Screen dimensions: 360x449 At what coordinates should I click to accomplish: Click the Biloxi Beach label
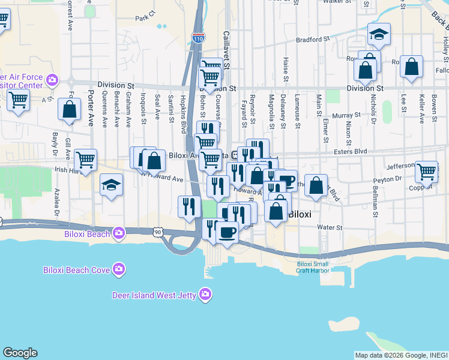(x=87, y=233)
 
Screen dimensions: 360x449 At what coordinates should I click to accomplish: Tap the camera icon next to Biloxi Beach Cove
(x=119, y=269)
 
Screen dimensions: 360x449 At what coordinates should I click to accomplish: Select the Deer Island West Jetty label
(x=156, y=295)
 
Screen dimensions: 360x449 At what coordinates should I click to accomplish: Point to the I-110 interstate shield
(x=198, y=38)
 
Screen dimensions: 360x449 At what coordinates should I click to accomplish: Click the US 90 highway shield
(x=157, y=232)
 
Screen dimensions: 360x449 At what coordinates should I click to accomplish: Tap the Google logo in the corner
(x=20, y=353)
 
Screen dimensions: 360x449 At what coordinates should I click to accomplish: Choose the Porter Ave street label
(x=91, y=108)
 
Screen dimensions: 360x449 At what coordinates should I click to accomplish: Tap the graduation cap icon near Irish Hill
(x=111, y=184)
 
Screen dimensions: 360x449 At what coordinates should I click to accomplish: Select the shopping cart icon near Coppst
(x=427, y=171)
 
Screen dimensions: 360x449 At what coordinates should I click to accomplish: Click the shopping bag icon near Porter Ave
(x=70, y=110)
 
